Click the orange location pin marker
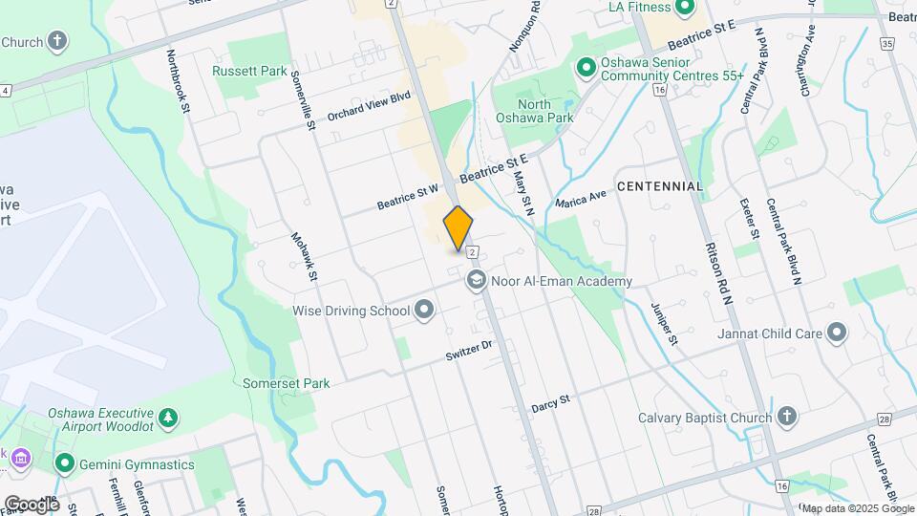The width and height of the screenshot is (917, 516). click(458, 228)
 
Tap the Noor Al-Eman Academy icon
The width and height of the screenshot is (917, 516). click(476, 281)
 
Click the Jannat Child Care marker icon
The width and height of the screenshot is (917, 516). click(837, 333)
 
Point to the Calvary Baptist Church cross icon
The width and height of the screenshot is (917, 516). click(786, 418)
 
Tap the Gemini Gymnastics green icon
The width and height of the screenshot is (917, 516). click(65, 464)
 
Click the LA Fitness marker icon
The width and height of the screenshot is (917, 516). click(684, 9)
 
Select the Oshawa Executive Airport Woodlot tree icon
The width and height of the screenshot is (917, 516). click(168, 418)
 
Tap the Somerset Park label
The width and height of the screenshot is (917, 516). click(291, 383)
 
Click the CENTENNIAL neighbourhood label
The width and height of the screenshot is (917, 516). click(659, 185)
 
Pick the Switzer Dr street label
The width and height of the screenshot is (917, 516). click(469, 351)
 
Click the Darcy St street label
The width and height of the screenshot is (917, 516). click(550, 402)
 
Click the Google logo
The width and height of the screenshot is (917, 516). click(31, 504)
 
